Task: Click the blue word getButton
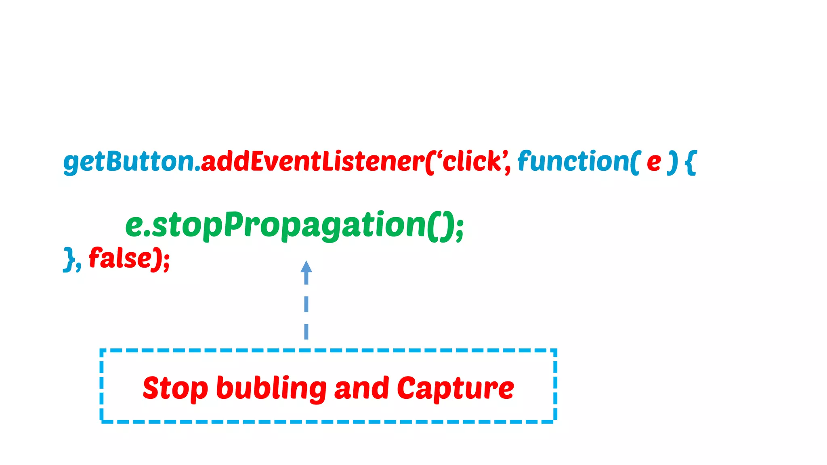[x=128, y=161]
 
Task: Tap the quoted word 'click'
[x=472, y=161]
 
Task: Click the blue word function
[x=573, y=161]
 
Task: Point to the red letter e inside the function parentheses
[x=653, y=162]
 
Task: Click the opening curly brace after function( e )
[x=691, y=162]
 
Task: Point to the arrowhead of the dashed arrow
[x=306, y=267]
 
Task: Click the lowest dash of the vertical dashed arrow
[x=306, y=331]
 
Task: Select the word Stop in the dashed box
[x=175, y=388]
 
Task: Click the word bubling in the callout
[x=271, y=388]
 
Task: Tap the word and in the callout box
[x=361, y=388]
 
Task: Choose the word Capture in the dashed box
[x=455, y=388]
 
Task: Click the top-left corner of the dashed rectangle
[x=101, y=351]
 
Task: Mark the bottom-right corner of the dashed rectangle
[x=556, y=421]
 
